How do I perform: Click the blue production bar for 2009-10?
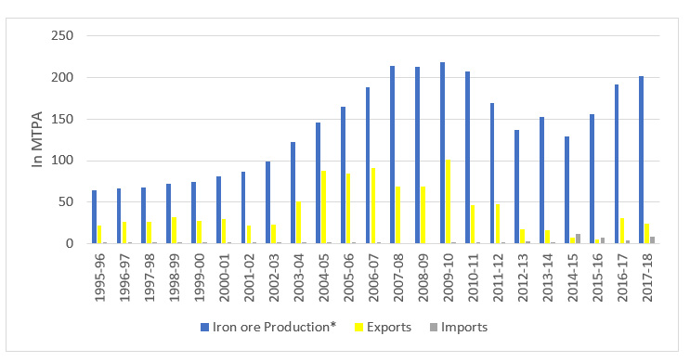(x=441, y=153)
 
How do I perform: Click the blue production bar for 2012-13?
(x=516, y=187)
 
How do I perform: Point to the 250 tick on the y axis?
(x=67, y=36)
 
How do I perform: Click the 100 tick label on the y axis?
(x=67, y=161)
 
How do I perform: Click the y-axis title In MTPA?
(x=38, y=140)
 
